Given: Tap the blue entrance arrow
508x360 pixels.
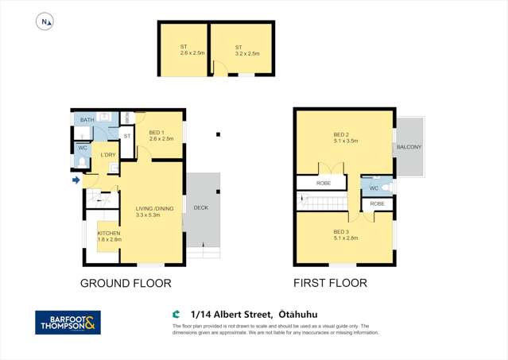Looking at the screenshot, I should [x=76, y=180].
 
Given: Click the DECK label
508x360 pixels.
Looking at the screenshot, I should [x=201, y=207].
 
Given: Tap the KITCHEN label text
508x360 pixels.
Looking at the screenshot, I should [x=109, y=233].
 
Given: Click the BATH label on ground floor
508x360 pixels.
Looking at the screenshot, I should [x=87, y=120].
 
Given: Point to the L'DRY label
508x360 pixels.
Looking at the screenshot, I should [x=108, y=154].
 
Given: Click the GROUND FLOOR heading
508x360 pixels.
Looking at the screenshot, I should [x=126, y=283].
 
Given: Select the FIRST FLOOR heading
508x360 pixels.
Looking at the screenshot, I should [x=330, y=283].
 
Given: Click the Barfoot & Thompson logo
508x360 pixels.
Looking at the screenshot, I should [x=68, y=323].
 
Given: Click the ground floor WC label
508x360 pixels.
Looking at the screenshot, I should [x=82, y=148].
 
